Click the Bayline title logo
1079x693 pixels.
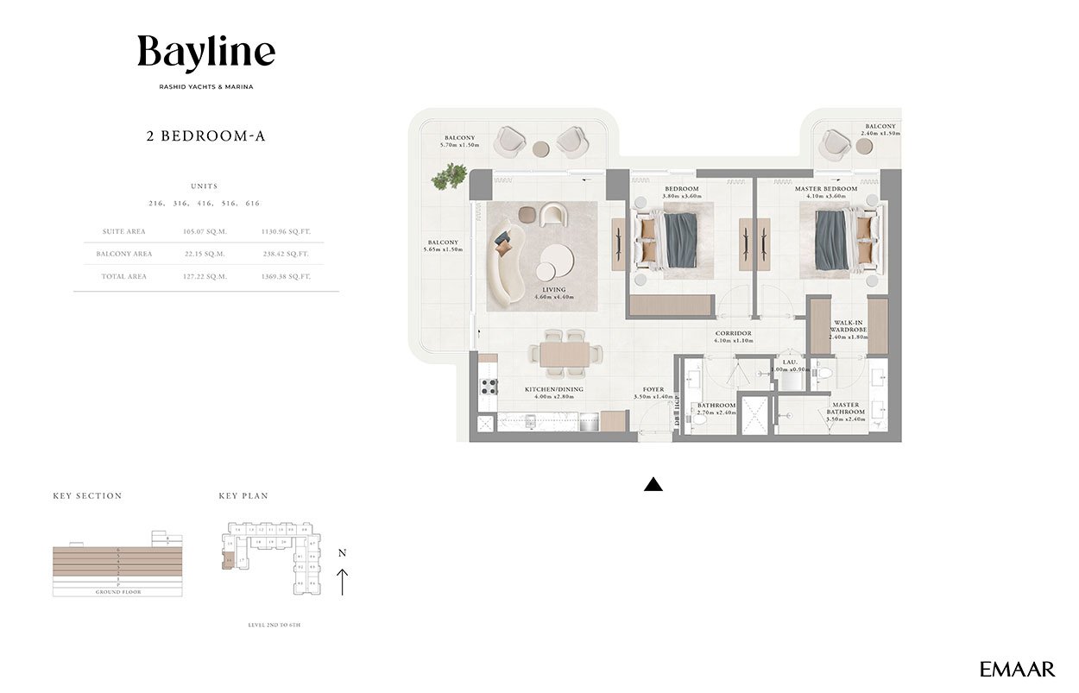tap(206, 54)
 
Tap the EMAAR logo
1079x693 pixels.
tap(1017, 669)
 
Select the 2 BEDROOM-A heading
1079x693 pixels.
tap(205, 135)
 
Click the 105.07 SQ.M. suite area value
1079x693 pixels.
tap(204, 231)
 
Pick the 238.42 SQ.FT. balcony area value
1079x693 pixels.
tap(286, 254)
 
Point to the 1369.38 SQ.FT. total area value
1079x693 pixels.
tap(286, 276)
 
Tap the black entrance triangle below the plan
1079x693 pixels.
tap(653, 484)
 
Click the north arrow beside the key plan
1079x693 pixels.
tap(343, 580)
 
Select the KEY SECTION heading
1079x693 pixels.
tap(87, 496)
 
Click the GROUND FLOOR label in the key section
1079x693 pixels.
tap(117, 592)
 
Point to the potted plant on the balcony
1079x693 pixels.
tap(448, 178)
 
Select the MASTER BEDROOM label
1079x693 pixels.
tap(826, 188)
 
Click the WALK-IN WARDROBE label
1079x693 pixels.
tap(849, 326)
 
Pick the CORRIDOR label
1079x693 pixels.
tap(733, 333)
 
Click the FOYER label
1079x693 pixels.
tap(653, 389)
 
